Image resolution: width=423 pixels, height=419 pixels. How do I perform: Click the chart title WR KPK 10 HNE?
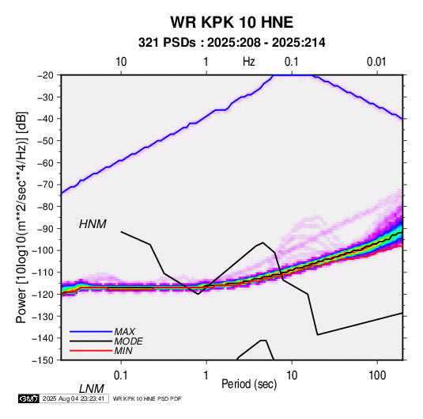tap(232, 22)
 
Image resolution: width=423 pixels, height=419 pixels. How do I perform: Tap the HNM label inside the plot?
tap(93, 224)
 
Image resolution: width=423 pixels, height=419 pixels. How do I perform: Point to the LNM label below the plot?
tap(92, 389)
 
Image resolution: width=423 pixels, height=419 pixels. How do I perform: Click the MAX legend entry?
tap(125, 332)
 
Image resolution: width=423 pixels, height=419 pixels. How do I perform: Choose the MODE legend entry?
tap(128, 341)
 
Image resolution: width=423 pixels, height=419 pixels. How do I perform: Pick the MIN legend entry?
tap(123, 351)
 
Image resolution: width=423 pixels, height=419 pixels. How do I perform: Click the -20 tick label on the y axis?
tap(45, 75)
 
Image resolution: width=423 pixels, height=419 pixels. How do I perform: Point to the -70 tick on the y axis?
tap(45, 185)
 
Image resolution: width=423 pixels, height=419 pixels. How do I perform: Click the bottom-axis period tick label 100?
tap(377, 375)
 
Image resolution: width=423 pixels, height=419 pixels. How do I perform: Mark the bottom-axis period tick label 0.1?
tap(121, 375)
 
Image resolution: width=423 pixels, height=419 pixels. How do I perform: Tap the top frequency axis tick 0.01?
tap(376, 62)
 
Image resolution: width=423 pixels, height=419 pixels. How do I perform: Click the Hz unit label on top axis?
tap(249, 62)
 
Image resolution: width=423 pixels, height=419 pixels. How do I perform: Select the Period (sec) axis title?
tap(249, 384)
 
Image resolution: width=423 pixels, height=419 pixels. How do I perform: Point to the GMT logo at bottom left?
tap(28, 398)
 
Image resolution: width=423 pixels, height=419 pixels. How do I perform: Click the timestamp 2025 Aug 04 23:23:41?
tap(74, 398)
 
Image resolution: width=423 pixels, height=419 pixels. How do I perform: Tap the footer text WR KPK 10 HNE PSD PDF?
tap(147, 398)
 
